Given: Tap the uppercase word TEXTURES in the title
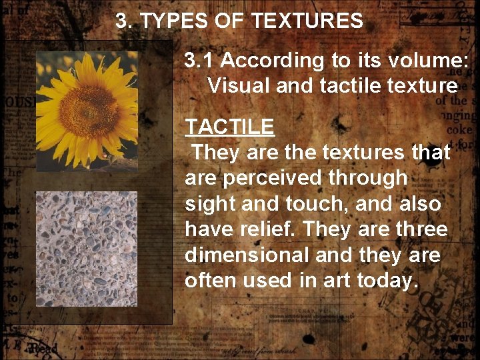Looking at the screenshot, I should [307, 21].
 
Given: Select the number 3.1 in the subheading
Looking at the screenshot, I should [199, 61].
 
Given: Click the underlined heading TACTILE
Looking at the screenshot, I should [229, 127].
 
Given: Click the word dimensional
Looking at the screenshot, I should [247, 255].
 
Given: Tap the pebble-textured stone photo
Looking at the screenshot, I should [86, 249].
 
